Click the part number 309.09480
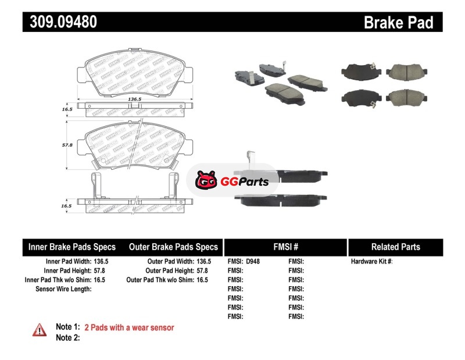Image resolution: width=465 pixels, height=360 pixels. pos(59,22)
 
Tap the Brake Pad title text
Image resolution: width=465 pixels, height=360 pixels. pos(398,22)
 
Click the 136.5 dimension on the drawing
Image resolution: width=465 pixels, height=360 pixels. pos(134,99)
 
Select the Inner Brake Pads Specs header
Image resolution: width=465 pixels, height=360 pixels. pos(72,247)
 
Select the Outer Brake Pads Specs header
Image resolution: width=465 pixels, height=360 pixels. pos(174,247)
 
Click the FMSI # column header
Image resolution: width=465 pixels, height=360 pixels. pos(285,247)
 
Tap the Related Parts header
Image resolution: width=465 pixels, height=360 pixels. pos(395,247)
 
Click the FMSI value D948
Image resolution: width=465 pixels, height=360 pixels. pos(253,262)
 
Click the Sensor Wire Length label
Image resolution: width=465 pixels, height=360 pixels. pos(63,289)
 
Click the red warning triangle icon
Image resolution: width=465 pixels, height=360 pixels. pos(39,329)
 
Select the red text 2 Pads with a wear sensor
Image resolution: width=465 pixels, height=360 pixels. pos(129,327)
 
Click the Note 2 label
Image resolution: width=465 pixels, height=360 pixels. pos(67,338)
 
